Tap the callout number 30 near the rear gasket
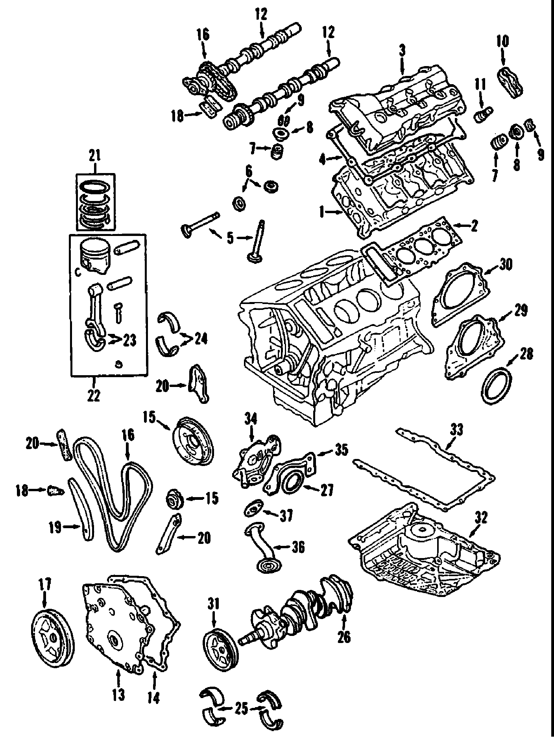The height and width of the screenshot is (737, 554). [505, 264]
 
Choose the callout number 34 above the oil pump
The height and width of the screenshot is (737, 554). [250, 420]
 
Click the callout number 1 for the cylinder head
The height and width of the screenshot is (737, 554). [322, 213]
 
